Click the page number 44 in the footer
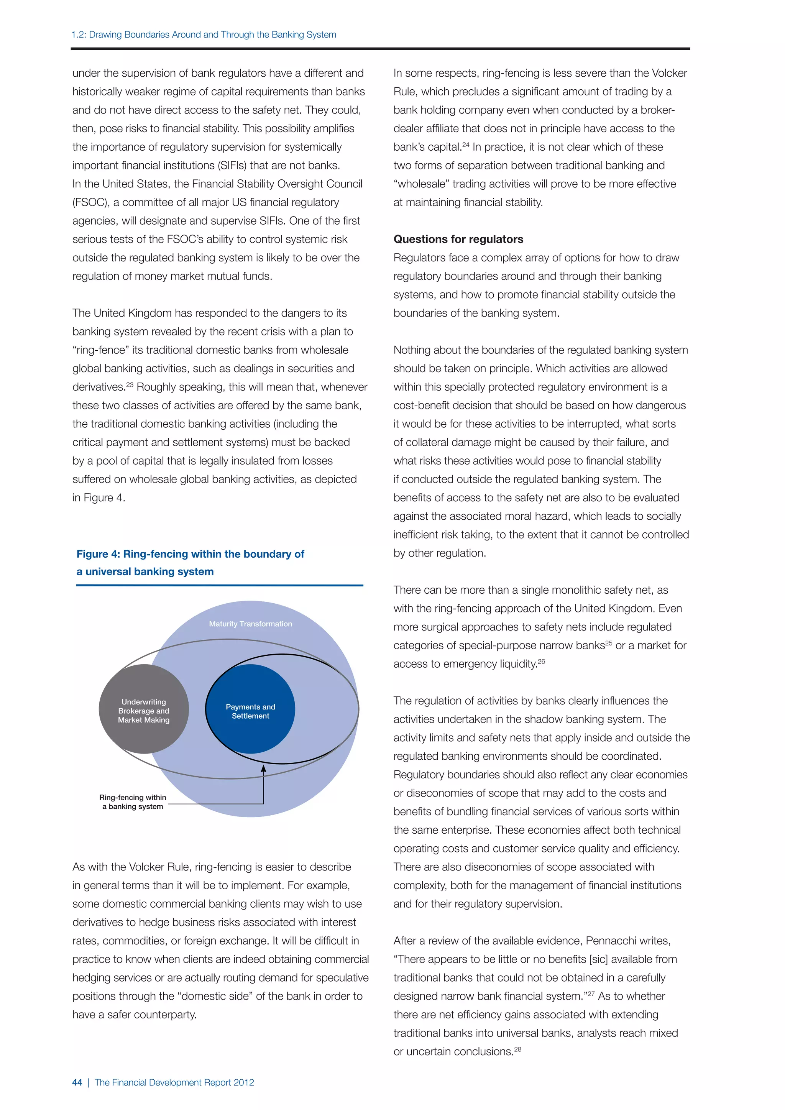click(77, 1082)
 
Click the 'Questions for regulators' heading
click(458, 239)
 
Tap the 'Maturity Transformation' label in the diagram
click(250, 624)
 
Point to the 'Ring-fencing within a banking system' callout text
click(133, 801)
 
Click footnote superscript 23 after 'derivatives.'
click(130, 384)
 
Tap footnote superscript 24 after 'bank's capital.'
click(465, 144)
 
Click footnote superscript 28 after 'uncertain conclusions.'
click(518, 1049)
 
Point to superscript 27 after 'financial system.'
click(591, 993)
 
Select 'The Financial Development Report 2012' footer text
click(174, 1082)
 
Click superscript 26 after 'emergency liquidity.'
click(541, 661)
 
